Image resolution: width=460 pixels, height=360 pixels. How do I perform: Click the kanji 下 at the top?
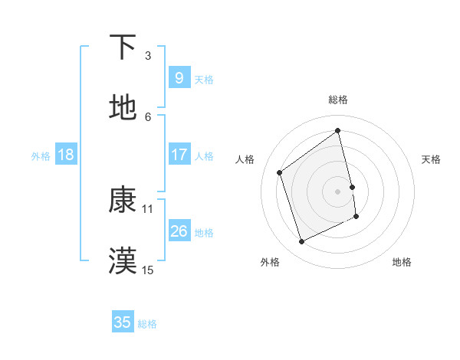123,47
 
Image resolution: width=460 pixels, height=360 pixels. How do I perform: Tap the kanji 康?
123,200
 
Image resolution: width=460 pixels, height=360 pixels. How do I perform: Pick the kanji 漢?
123,261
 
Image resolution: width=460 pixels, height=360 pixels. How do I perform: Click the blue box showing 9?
179,77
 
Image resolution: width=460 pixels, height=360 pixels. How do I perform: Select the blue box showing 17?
179,155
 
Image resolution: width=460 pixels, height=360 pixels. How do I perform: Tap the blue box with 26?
179,231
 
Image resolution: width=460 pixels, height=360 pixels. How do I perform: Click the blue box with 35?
123,322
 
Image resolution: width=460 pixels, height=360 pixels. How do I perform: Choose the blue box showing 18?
66,155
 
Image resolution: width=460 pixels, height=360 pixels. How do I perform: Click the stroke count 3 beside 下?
148,56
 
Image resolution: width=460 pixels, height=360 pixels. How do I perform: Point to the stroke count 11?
148,208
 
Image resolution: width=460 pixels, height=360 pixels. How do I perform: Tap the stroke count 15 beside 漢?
148,270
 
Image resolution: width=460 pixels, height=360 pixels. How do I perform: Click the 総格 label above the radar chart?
338,100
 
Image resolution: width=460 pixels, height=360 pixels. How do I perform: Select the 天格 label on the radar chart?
432,159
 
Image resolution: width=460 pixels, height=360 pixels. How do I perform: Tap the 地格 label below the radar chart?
402,262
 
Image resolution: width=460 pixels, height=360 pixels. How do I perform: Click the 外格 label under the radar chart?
270,262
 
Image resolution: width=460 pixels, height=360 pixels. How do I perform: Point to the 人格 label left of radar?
245,159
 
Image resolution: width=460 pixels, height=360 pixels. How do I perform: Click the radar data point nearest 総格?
338,131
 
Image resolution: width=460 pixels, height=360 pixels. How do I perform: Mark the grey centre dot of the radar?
338,191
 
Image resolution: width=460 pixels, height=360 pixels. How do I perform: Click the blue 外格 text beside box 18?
41,155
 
